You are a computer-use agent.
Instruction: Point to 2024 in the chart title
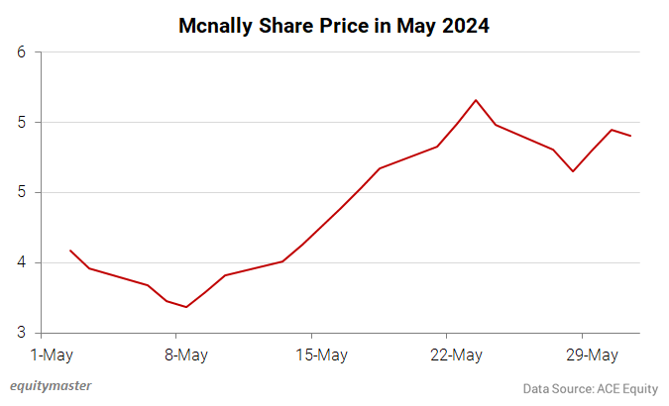pyautogui.click(x=465, y=26)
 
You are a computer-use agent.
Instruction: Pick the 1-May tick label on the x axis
pyautogui.click(x=53, y=355)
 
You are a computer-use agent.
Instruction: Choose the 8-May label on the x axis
pyautogui.click(x=186, y=355)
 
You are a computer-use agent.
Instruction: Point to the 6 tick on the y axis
pyautogui.click(x=21, y=52)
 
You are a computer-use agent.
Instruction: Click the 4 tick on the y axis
pyautogui.click(x=21, y=263)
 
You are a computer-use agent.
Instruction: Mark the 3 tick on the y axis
pyautogui.click(x=21, y=334)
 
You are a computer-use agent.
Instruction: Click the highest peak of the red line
pyautogui.click(x=477, y=100)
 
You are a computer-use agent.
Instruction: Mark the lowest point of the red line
pyautogui.click(x=186, y=307)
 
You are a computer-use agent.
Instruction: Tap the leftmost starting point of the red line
pyautogui.click(x=70, y=251)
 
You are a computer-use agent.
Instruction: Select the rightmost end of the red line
pyautogui.click(x=630, y=136)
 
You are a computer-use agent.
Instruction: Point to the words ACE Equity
pyautogui.click(x=626, y=388)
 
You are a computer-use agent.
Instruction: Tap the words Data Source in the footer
pyautogui.click(x=558, y=388)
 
